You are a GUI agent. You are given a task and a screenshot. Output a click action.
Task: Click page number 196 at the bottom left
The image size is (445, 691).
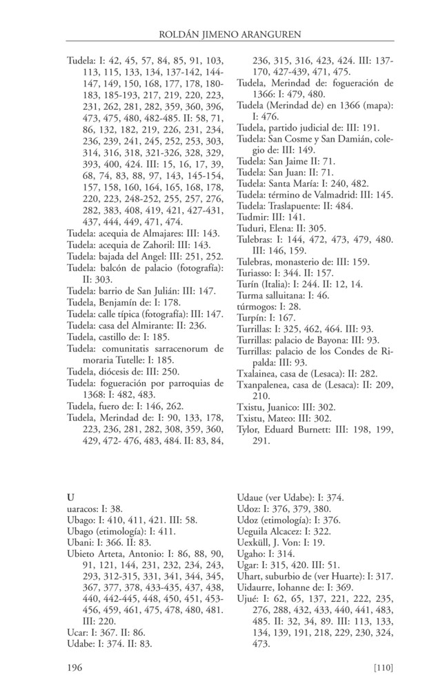pyautogui.click(x=75, y=667)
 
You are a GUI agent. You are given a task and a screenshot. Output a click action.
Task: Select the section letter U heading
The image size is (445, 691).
pyautogui.click(x=70, y=498)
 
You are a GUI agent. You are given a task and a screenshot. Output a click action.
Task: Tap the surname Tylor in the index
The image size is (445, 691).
pyautogui.click(x=249, y=428)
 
